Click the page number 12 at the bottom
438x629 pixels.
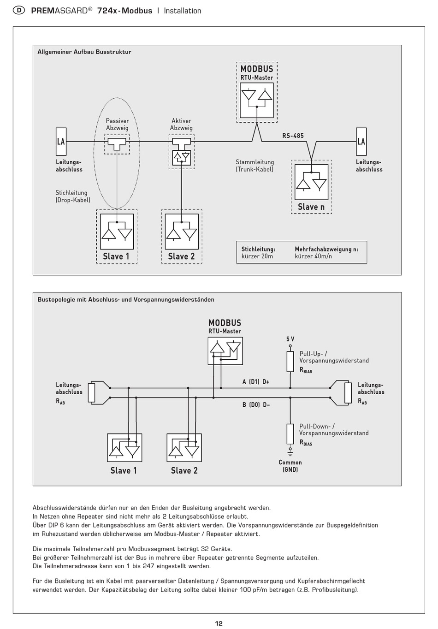click(219, 623)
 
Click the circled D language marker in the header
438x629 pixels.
click(18, 11)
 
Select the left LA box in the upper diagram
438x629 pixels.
click(61, 142)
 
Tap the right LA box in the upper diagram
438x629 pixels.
click(361, 142)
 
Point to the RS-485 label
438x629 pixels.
click(293, 136)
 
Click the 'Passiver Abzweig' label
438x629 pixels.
click(117, 125)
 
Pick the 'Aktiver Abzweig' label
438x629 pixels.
click(181, 125)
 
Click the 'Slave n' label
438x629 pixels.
click(311, 207)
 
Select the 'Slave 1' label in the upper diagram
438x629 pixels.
click(116, 256)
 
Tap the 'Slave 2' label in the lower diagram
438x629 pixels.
click(184, 470)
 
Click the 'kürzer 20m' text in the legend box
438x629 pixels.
click(257, 256)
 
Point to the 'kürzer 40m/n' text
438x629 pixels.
click(314, 256)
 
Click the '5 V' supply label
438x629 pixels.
click(290, 339)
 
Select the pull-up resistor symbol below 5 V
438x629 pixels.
click(290, 361)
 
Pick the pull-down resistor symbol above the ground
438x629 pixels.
click(290, 433)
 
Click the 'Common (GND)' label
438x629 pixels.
click(290, 466)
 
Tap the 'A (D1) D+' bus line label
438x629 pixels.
click(256, 382)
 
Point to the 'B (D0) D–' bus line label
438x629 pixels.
click(256, 405)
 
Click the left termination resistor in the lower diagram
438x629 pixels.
click(92, 392)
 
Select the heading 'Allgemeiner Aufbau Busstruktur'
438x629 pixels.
click(84, 52)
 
